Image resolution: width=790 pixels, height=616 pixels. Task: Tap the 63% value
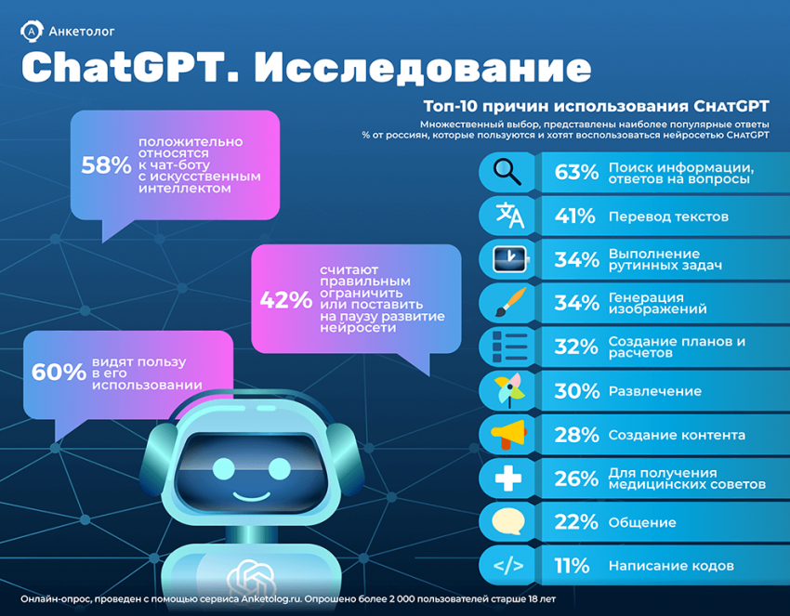[575, 173]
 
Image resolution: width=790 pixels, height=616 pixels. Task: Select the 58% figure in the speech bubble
[106, 165]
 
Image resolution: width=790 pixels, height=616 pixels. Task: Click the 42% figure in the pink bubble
[285, 299]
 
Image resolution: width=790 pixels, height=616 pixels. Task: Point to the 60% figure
[59, 372]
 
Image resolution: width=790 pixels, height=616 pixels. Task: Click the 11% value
[573, 565]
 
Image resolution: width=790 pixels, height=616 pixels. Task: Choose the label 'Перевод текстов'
[667, 216]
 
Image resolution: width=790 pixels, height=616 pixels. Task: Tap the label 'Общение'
[641, 522]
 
